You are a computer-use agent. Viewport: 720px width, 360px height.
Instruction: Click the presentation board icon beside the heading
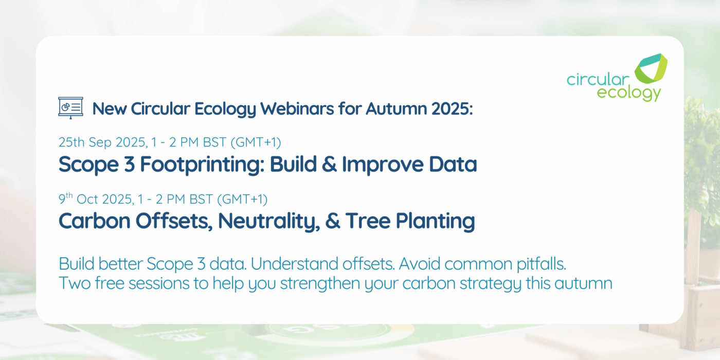point(71,107)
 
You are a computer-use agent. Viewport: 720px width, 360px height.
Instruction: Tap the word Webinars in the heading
point(297,109)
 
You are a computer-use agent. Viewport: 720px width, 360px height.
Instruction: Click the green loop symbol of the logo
point(651,69)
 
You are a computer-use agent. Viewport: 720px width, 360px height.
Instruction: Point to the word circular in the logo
point(598,79)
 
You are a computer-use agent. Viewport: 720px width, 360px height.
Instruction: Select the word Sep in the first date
point(100,142)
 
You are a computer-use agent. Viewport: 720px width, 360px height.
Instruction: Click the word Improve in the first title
point(383,165)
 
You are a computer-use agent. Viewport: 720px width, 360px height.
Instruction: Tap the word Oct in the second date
point(87,200)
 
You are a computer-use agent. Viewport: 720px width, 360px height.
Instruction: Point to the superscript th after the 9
point(69,195)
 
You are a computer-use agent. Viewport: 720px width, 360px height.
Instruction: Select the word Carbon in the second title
point(94,221)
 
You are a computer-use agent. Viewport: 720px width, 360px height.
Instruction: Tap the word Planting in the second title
point(435,221)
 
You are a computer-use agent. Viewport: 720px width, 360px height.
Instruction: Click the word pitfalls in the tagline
point(541,264)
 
